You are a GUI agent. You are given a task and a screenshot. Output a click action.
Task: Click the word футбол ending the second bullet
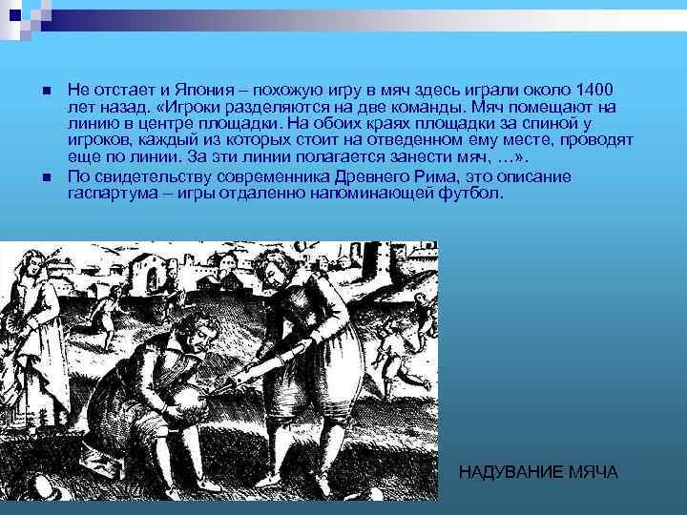[468, 195]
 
